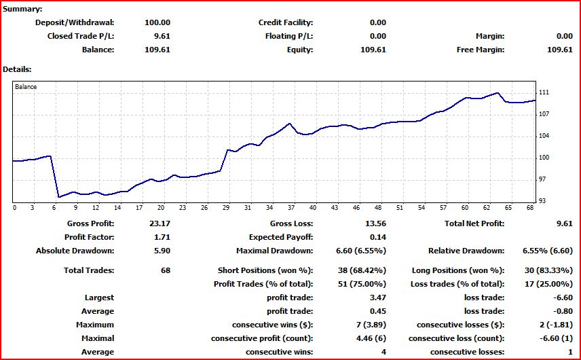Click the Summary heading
pos(22,9)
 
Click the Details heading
pos(18,69)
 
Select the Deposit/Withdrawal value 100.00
pos(157,22)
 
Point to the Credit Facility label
pos(286,22)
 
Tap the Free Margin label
pos(481,50)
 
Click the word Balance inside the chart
pos(26,87)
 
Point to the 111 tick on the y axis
pos(543,92)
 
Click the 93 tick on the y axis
pos(542,201)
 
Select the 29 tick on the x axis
pos(226,208)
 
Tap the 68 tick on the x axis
pos(531,208)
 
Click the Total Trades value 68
pos(165,270)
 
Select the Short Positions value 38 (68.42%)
pos(362,270)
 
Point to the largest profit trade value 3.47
pos(377,298)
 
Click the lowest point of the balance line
pos(59,197)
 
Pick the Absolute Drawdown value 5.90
pos(162,251)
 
